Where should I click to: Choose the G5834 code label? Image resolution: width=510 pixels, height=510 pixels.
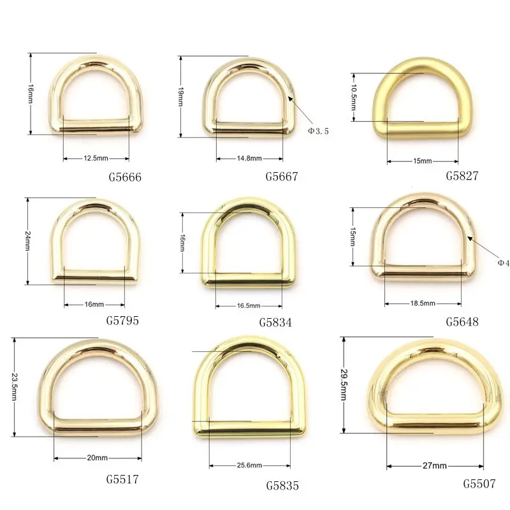275,322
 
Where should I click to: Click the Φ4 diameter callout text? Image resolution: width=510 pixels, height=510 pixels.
502,262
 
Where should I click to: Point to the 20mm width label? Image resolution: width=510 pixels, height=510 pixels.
96,458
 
